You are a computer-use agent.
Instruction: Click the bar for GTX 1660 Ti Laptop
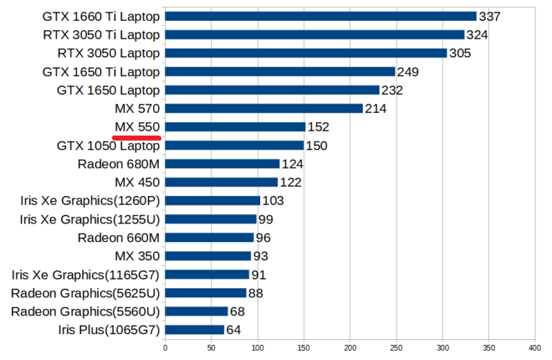(321, 16)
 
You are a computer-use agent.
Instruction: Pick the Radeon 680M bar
(222, 164)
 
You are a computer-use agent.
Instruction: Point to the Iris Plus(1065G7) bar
(195, 330)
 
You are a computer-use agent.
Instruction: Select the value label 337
(490, 17)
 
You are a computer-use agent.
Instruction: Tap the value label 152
(318, 127)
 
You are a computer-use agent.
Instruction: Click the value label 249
(408, 72)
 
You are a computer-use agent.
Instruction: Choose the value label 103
(273, 201)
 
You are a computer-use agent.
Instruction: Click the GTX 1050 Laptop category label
(108, 146)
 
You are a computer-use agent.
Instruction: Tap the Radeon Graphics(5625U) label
(85, 293)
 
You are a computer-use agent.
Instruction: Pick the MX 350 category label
(137, 257)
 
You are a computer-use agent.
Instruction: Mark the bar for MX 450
(221, 183)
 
